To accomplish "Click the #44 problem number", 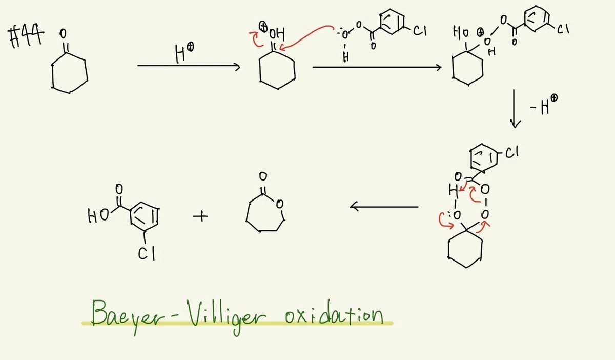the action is click(x=26, y=36).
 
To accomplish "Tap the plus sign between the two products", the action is click(x=200, y=216).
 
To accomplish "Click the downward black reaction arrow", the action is click(x=514, y=109).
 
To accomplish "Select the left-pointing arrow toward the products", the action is click(x=384, y=206).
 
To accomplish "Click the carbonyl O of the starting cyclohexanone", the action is click(x=63, y=34).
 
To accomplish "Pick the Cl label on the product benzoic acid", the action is click(x=147, y=253).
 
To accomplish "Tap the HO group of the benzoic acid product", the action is click(x=98, y=216).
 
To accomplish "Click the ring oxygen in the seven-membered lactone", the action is click(x=279, y=205).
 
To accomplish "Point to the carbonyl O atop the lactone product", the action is click(x=263, y=176).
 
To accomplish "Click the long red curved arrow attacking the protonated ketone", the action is click(x=306, y=36).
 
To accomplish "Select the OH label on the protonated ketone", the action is click(x=277, y=34).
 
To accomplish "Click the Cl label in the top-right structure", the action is click(x=563, y=29).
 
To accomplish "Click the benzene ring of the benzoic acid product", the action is click(x=145, y=217).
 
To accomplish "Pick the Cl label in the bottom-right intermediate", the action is click(x=512, y=152).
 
